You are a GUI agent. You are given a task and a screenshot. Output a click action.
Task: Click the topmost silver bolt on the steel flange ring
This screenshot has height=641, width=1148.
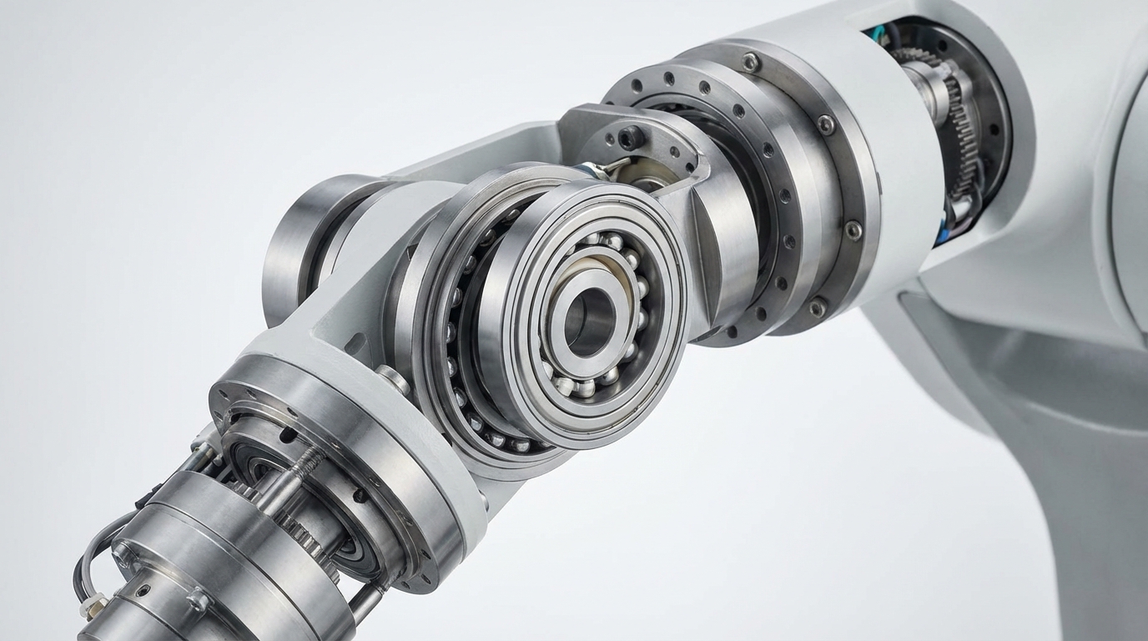[x=752, y=63]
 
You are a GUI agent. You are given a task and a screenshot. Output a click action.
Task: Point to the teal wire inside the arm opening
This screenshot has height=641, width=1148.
[x=876, y=35]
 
